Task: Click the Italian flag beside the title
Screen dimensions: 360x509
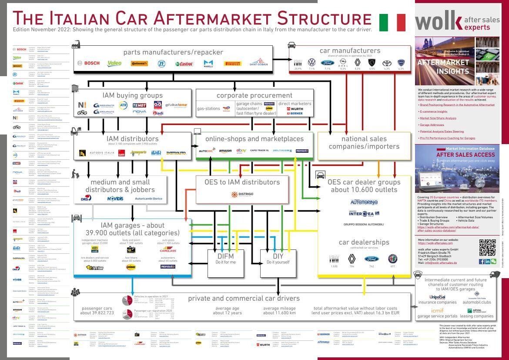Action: [392, 23]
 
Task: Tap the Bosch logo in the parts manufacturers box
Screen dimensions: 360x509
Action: [89, 63]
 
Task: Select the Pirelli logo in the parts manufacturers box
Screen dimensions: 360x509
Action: [232, 64]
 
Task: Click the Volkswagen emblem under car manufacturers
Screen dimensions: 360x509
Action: [311, 63]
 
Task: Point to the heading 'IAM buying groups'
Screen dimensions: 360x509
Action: [133, 95]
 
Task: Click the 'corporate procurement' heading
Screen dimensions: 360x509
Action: [254, 95]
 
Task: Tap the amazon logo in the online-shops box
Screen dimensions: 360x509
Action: [225, 151]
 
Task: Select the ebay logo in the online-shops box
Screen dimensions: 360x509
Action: [241, 151]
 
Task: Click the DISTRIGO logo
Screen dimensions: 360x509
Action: [242, 194]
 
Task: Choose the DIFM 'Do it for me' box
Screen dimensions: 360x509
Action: [226, 263]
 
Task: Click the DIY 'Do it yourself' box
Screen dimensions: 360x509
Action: [278, 263]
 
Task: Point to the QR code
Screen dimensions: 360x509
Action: [487, 247]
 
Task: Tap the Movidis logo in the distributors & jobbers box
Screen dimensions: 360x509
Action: [115, 199]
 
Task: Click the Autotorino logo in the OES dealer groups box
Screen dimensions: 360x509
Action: [364, 202]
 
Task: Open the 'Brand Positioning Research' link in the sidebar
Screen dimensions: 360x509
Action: [451, 105]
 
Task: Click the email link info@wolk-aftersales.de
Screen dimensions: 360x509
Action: [441, 263]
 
